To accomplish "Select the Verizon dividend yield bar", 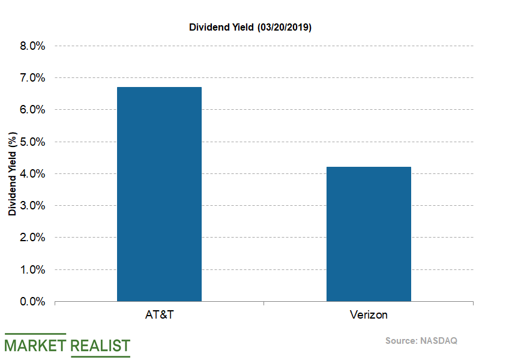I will point(369,234).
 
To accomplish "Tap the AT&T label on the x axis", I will point(159,315).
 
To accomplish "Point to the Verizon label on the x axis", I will point(369,315).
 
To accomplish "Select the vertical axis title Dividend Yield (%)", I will point(12,174).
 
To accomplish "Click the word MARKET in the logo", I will point(35,346).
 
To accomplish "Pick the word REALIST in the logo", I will point(100,346).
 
